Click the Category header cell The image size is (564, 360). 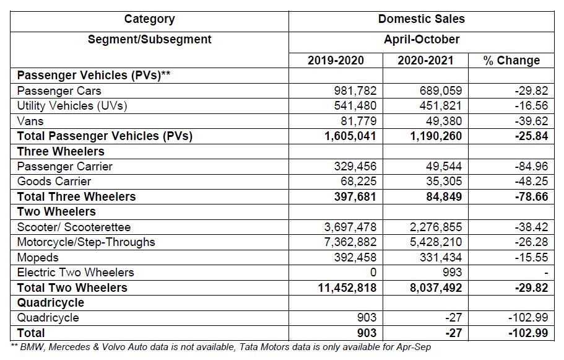[x=149, y=19]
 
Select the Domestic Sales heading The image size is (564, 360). [x=421, y=19]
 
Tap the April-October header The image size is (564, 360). [x=421, y=39]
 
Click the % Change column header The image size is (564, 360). [x=511, y=60]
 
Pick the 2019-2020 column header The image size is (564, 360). [x=336, y=60]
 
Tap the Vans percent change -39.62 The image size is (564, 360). [x=531, y=121]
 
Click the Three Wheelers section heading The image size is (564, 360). [x=61, y=151]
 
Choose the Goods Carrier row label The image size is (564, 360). [x=54, y=182]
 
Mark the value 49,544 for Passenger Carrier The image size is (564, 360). [x=443, y=166]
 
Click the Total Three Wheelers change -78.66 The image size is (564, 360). [x=531, y=196]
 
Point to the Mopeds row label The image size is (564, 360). [x=38, y=257]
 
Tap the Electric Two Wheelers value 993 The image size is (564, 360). [x=451, y=272]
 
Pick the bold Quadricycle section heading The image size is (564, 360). [x=51, y=302]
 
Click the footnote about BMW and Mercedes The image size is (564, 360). [x=221, y=347]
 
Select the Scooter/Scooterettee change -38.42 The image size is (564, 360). [x=531, y=227]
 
